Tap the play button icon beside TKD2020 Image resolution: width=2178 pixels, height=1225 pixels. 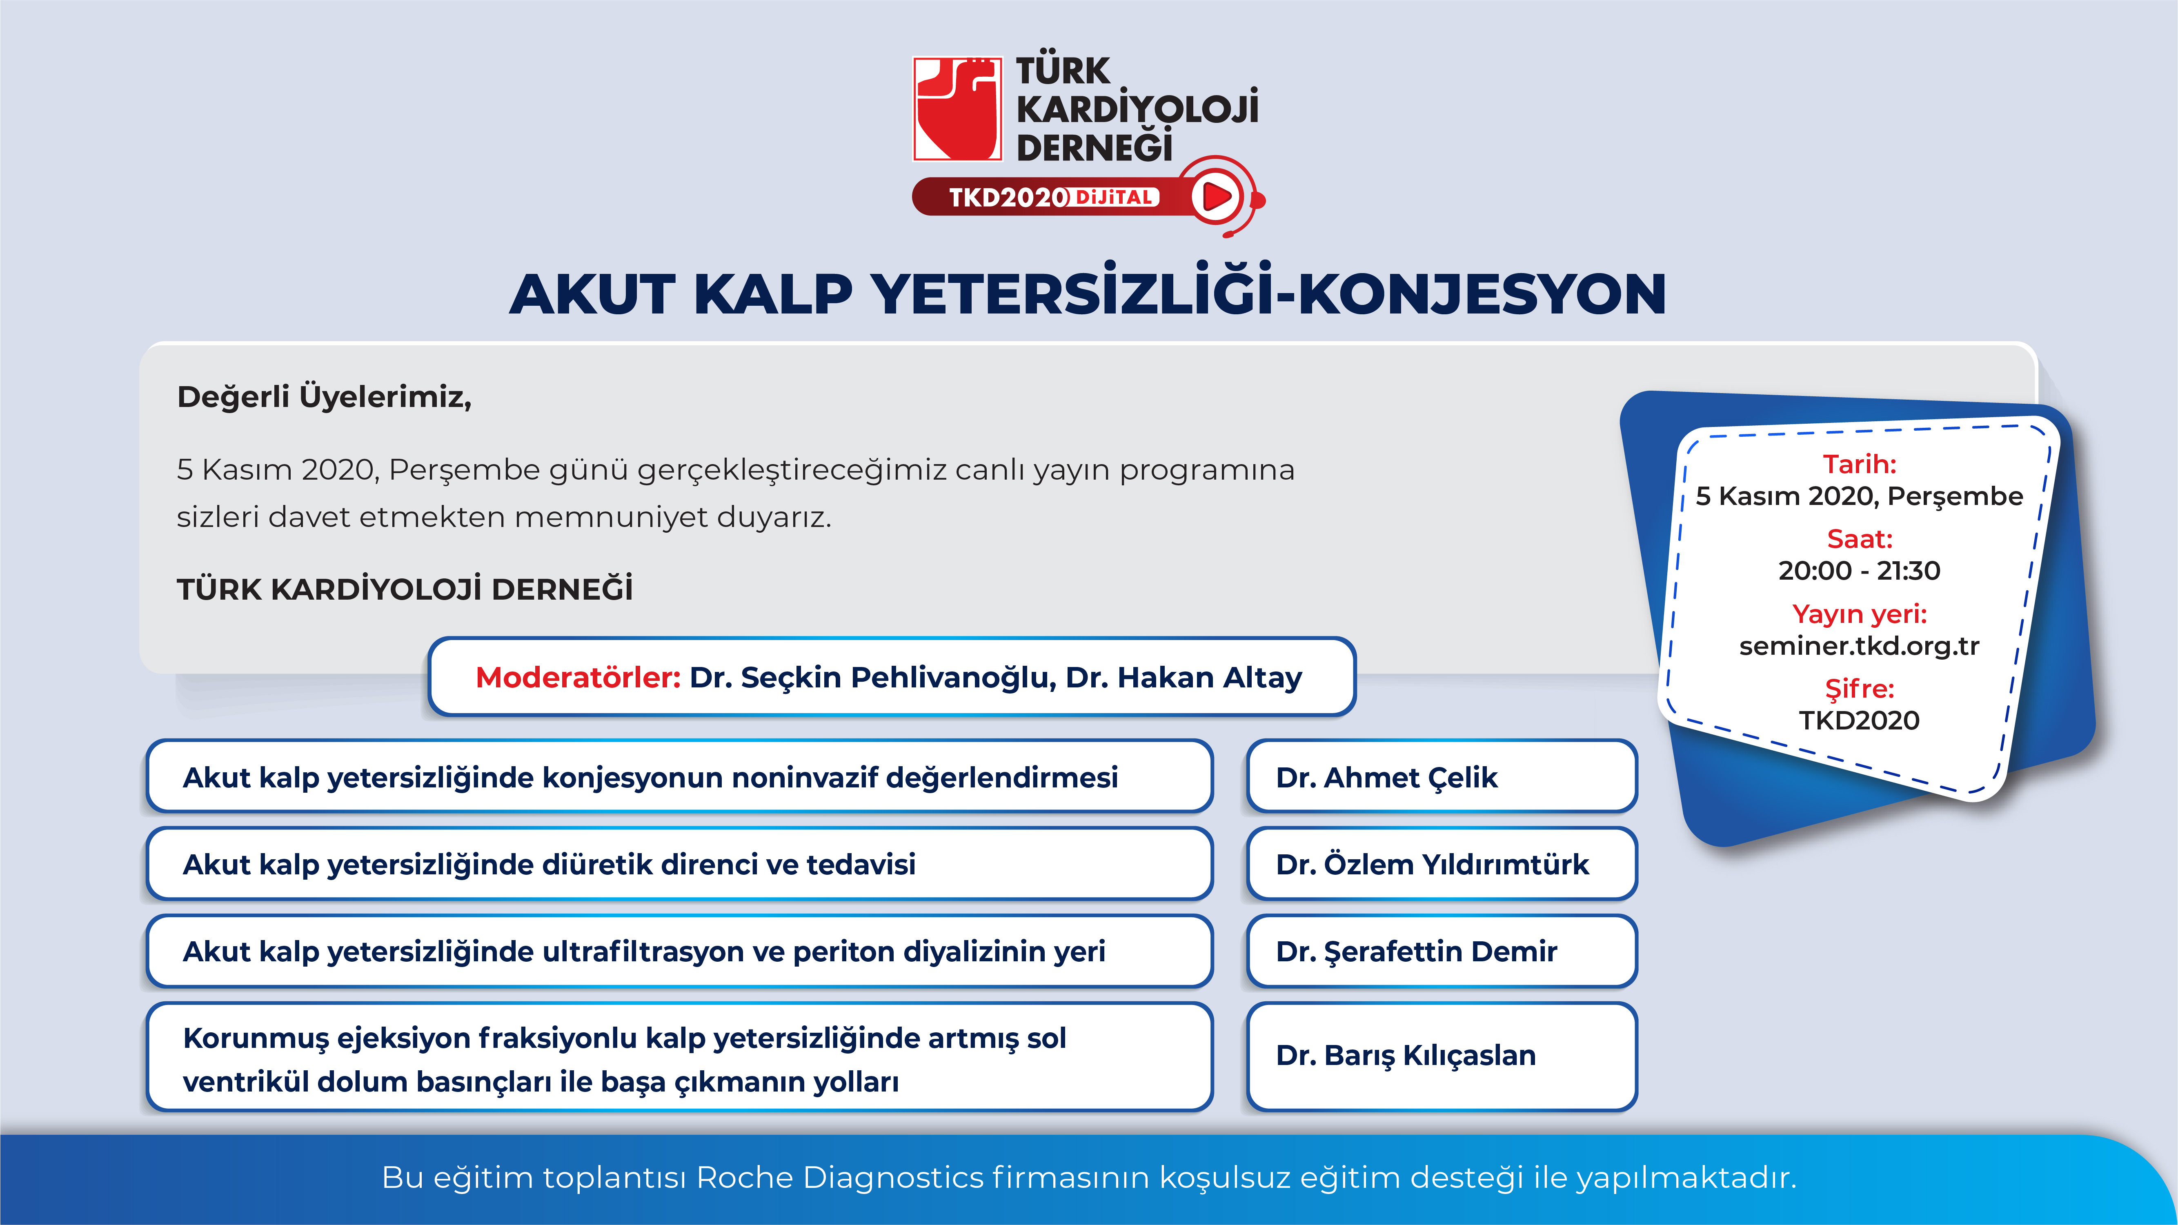point(1216,197)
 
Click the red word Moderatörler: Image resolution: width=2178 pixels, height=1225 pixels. point(578,677)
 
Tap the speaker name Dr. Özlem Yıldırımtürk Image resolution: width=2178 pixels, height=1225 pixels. point(1432,864)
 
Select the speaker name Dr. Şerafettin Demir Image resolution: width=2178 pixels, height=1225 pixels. point(1416,951)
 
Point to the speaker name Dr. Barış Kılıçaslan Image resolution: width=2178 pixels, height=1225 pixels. point(1405,1055)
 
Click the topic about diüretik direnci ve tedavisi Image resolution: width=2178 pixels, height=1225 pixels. point(550,864)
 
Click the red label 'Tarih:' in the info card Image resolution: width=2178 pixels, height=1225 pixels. point(1859,464)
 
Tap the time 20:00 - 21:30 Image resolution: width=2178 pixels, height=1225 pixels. point(1859,571)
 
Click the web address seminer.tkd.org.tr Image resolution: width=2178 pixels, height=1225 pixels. point(1859,646)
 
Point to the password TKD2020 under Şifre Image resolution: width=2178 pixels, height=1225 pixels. point(1859,720)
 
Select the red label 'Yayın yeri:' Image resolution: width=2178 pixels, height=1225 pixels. point(1859,614)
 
